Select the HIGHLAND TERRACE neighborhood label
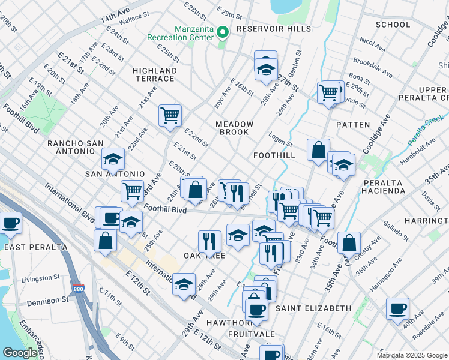[x=155, y=74]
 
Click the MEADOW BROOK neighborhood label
[x=235, y=128]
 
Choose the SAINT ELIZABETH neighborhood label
[x=313, y=308]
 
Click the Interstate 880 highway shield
[x=77, y=289]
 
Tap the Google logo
[x=20, y=353]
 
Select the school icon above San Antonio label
[x=113, y=159]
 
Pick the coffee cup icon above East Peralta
[x=10, y=223]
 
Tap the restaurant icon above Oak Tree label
[x=209, y=241]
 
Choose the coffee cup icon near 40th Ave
[x=397, y=310]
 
